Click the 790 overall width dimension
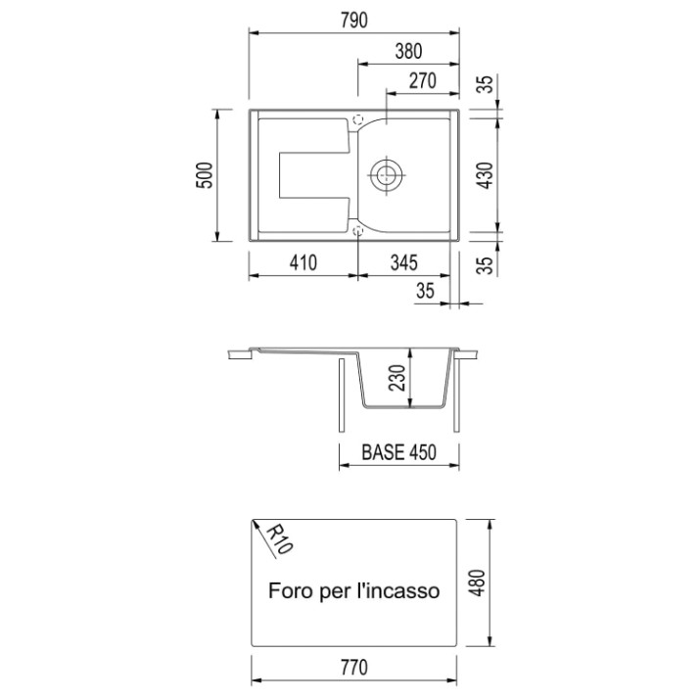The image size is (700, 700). pyautogui.click(x=354, y=21)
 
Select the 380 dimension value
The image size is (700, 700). pyautogui.click(x=408, y=51)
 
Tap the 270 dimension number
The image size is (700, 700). pyautogui.click(x=422, y=81)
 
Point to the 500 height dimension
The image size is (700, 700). pyautogui.click(x=205, y=175)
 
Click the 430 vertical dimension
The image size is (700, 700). pyautogui.click(x=486, y=175)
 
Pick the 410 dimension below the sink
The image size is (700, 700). pyautogui.click(x=303, y=262)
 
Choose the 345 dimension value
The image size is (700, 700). pyautogui.click(x=404, y=262)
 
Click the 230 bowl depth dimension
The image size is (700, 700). pyautogui.click(x=397, y=378)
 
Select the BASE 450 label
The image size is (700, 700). pyautogui.click(x=398, y=452)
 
